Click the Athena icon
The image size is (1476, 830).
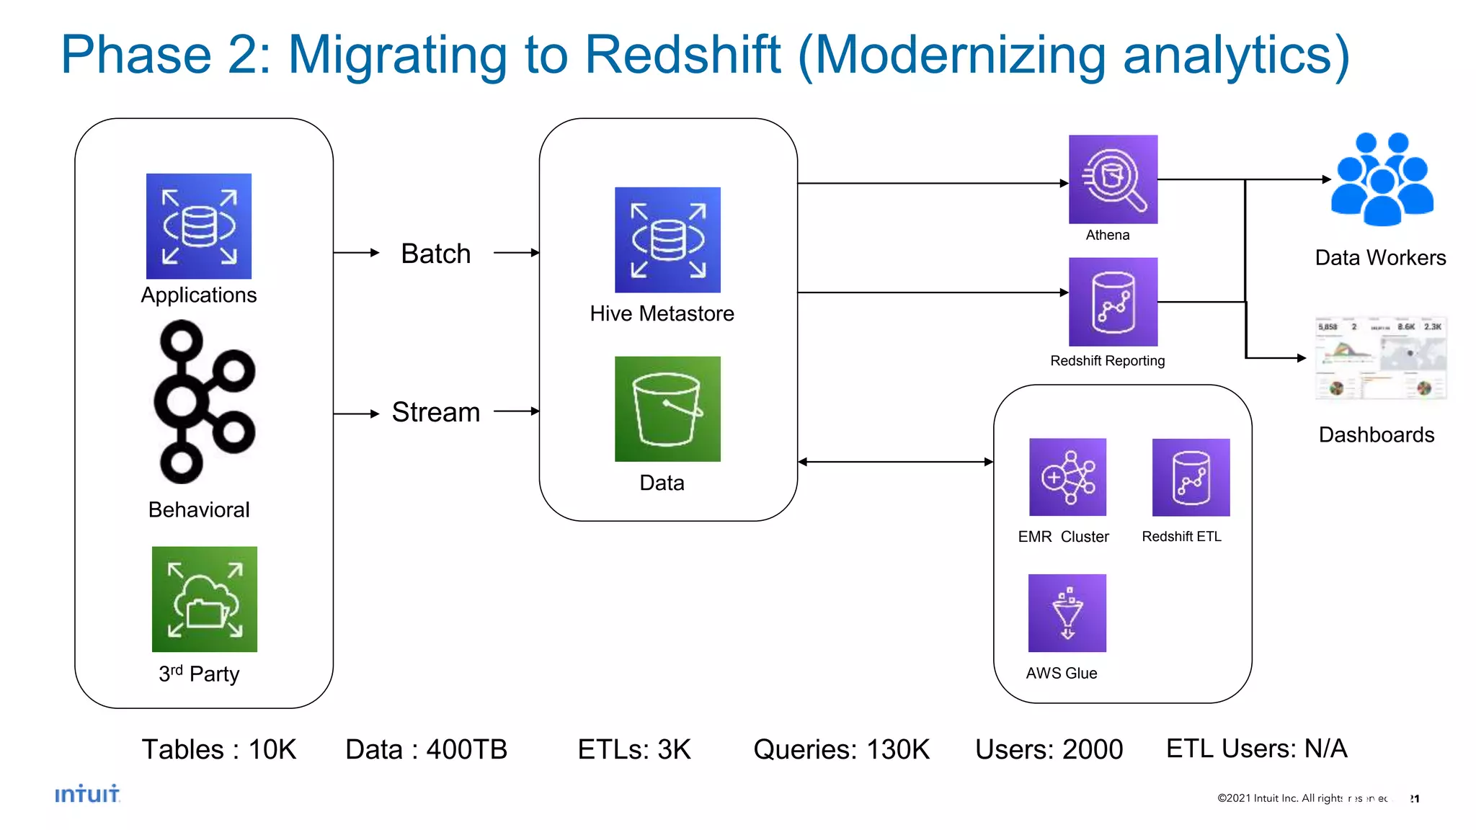(x=1112, y=179)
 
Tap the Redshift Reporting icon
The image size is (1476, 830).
(x=1112, y=302)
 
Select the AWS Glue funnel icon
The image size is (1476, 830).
(x=1067, y=613)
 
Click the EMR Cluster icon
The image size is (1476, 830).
(x=1067, y=477)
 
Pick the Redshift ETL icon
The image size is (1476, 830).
(x=1191, y=477)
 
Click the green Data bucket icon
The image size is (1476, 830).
(x=667, y=409)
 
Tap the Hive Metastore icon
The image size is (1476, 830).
(x=667, y=240)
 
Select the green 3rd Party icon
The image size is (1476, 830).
(x=204, y=599)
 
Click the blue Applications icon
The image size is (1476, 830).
(x=199, y=226)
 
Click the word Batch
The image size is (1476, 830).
(x=435, y=254)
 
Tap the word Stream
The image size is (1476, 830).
(x=435, y=412)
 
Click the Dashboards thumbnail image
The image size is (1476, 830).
(x=1380, y=358)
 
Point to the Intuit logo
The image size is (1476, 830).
(x=87, y=794)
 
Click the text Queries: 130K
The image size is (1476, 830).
(x=841, y=749)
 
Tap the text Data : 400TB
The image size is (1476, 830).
(x=426, y=749)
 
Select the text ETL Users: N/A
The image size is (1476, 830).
(x=1256, y=748)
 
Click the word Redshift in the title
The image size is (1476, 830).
(x=682, y=55)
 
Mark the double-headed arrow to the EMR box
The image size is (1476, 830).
(x=895, y=462)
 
